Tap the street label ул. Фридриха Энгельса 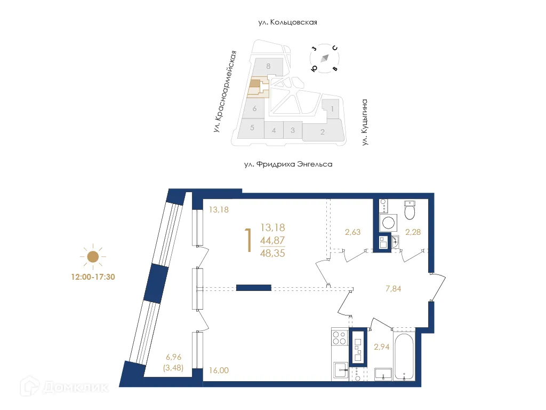288,164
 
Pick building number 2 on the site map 322,132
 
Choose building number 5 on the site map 252,128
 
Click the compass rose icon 325,58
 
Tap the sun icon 93,257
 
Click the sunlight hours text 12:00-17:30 93,277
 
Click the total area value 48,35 272,254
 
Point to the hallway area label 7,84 393,289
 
